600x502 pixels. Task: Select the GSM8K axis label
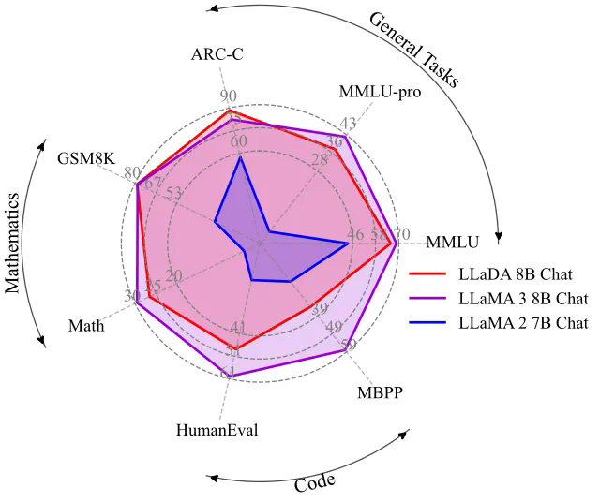tap(85, 156)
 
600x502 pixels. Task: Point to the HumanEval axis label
tap(217, 430)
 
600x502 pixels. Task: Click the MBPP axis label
tap(380, 391)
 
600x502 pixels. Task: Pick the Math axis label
tap(86, 326)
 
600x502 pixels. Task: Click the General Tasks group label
tap(413, 49)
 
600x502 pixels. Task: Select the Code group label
tap(315, 483)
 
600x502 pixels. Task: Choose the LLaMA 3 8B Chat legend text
tap(523, 300)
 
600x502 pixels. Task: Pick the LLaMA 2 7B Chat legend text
tap(523, 324)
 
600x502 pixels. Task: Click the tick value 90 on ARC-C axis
tap(229, 96)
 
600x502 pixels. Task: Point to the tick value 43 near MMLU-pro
tap(348, 124)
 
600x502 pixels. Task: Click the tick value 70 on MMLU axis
tap(401, 234)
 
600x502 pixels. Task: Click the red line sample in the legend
tap(429, 275)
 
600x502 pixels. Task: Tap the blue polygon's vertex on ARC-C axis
tap(241, 157)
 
